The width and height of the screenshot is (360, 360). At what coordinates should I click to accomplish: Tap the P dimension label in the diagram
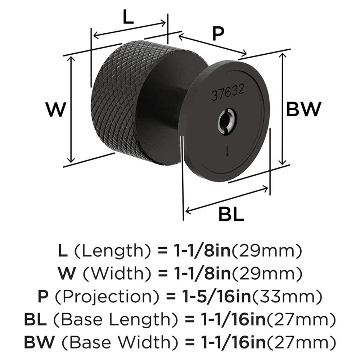218,34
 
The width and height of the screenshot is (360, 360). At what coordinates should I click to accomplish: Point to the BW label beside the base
303,109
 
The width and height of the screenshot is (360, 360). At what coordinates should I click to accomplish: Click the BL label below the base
231,215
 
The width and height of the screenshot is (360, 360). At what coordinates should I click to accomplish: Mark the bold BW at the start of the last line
36,341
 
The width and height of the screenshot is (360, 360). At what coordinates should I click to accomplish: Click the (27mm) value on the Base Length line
303,319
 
